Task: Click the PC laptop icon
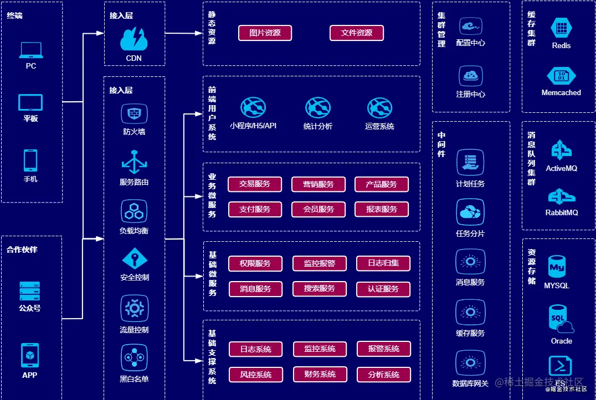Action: point(31,50)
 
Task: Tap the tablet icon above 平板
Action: point(30,102)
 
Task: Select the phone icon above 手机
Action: point(30,160)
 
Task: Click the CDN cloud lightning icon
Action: point(134,39)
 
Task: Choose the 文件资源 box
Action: point(357,33)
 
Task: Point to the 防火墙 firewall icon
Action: point(134,114)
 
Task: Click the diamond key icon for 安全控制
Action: point(135,259)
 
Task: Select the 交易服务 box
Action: point(255,184)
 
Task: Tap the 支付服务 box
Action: point(255,210)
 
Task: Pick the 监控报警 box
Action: point(320,263)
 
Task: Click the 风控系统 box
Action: point(256,375)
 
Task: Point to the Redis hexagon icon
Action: point(562,28)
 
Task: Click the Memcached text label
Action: point(561,92)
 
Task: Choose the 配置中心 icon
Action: point(471,27)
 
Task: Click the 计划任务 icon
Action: point(470,163)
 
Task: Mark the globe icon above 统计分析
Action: point(318,108)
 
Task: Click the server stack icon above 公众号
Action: point(30,292)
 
